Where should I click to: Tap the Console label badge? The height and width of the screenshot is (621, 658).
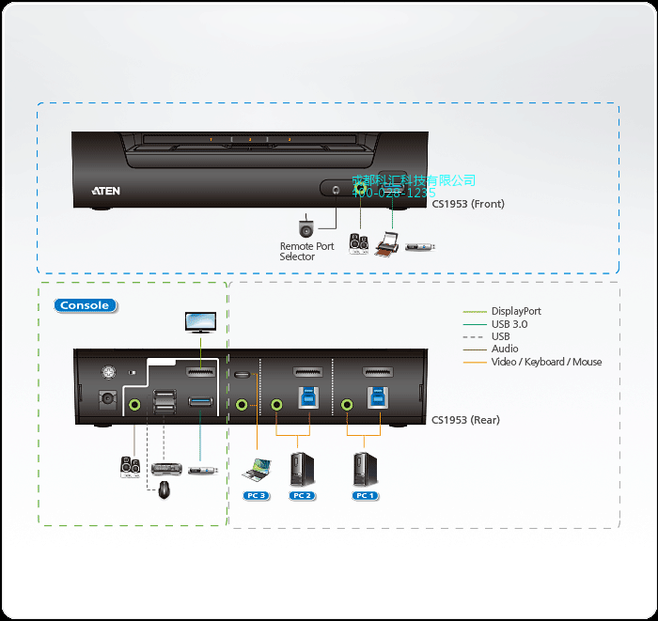coord(86,305)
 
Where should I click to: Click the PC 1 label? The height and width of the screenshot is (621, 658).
coord(364,495)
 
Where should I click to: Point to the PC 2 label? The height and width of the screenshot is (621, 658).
coord(302,495)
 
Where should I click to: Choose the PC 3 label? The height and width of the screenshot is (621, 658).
coord(256,495)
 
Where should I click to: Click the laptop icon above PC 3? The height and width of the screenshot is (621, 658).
coord(256,467)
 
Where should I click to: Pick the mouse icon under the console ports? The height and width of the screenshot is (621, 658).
coord(164,489)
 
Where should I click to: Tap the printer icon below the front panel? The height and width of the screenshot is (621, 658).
coord(387,247)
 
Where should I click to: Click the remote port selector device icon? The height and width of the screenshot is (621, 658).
coord(306,227)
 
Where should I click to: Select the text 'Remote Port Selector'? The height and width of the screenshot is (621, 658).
coord(306,252)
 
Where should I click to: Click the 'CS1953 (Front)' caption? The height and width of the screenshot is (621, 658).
coord(468,203)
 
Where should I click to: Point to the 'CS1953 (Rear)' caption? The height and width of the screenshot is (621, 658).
coord(465,420)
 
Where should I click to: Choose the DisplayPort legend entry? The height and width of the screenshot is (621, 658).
coord(516,311)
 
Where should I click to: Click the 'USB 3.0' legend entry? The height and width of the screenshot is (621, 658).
coord(509,324)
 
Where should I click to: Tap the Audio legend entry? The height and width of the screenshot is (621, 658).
coord(505,349)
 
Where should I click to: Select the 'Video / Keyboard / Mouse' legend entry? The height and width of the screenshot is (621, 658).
coord(546,362)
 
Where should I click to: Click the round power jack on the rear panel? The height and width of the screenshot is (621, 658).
coord(107,399)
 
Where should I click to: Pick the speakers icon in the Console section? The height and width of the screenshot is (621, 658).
coord(130,467)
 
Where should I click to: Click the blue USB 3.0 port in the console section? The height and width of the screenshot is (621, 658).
coord(200,403)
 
